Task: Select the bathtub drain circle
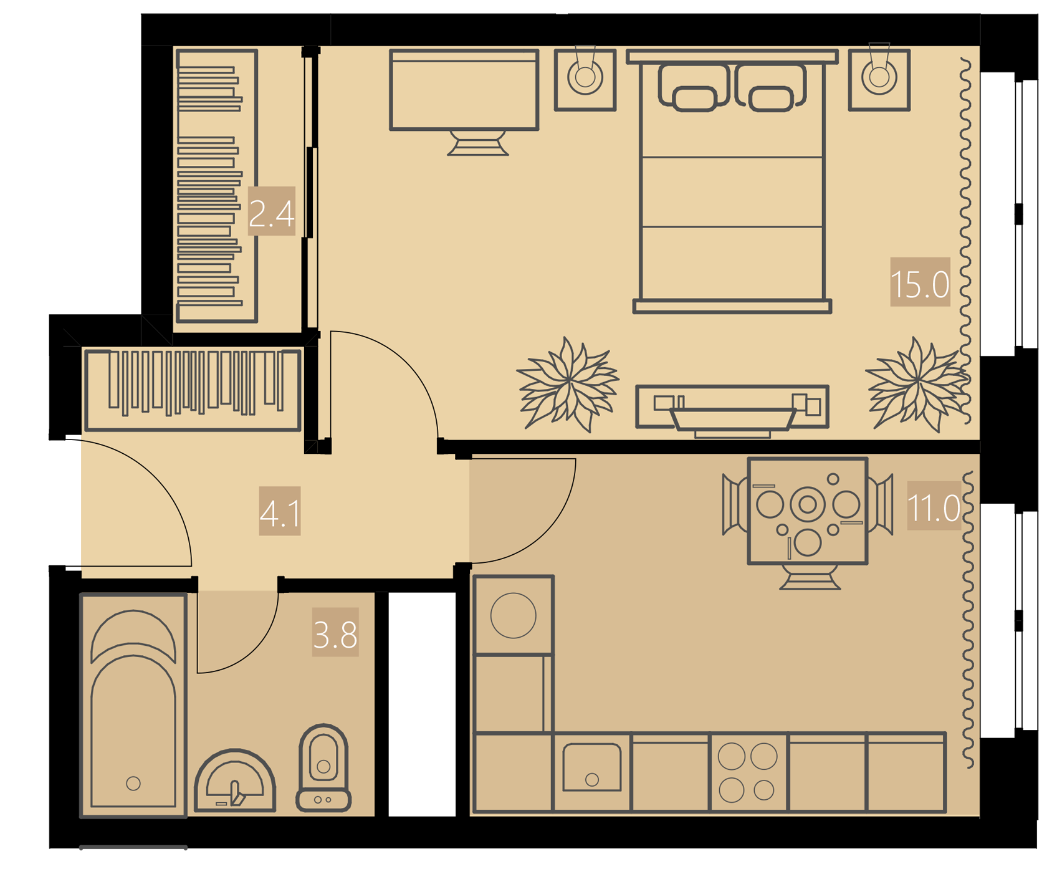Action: pos(133,783)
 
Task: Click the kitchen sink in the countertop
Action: pos(592,767)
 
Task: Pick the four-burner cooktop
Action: pos(748,773)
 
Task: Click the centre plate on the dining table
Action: pos(808,504)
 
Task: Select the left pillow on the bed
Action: pos(694,87)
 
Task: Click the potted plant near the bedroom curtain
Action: pos(917,384)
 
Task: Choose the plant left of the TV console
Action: pos(568,384)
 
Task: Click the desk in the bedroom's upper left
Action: pos(464,90)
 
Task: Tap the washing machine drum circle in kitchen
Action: pos(514,615)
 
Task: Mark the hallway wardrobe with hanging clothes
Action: pos(193,390)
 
